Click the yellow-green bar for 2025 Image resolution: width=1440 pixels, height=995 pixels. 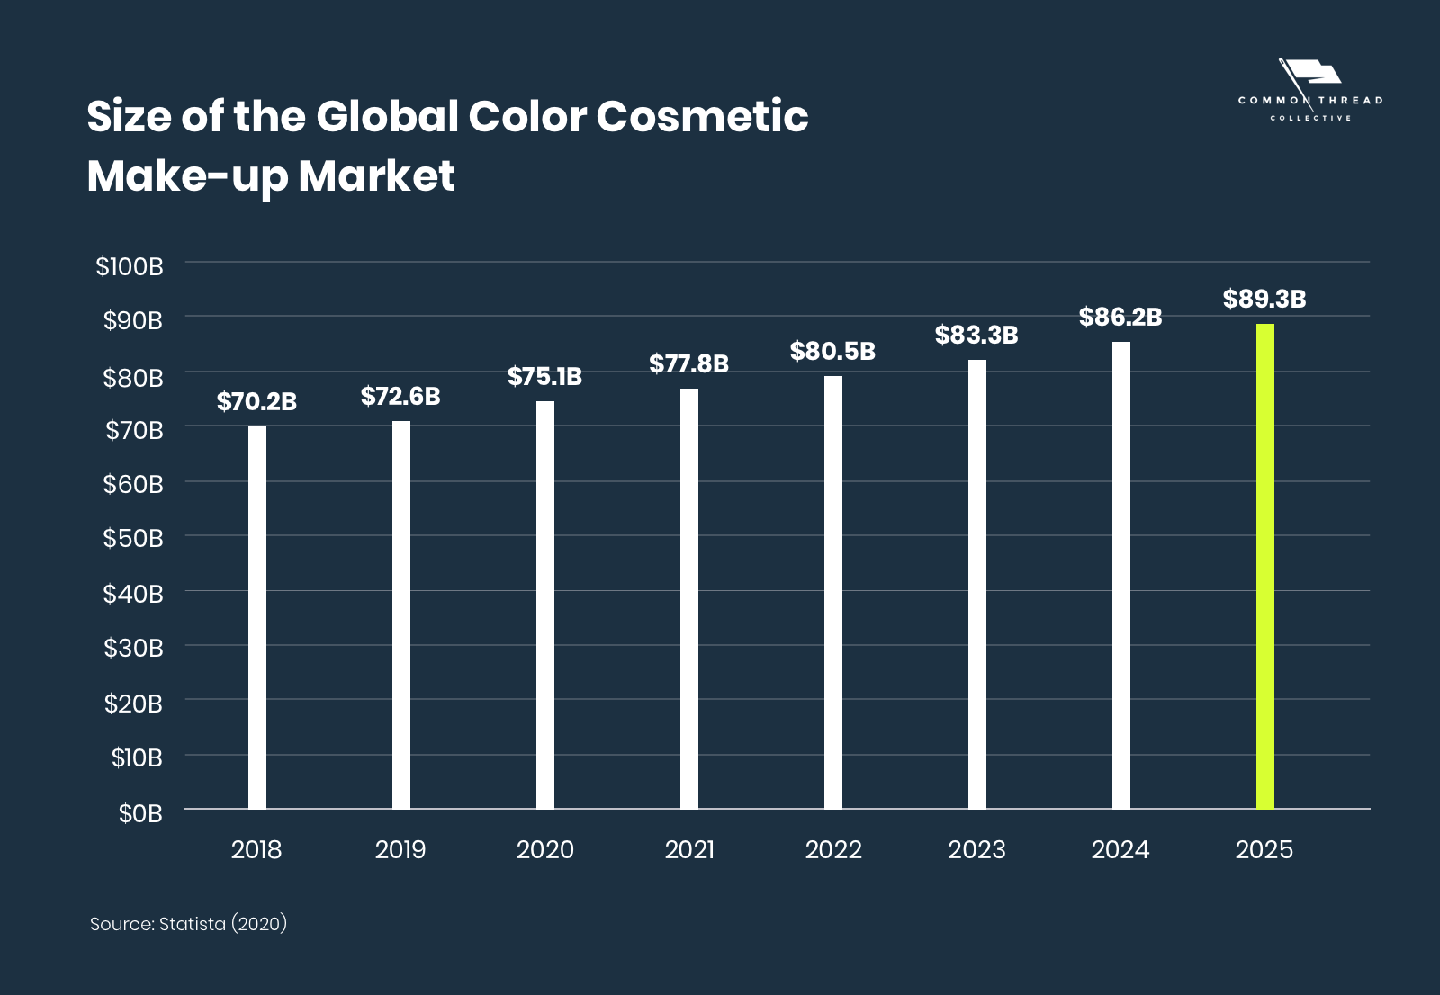click(x=1264, y=567)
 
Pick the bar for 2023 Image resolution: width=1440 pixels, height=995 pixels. click(x=976, y=585)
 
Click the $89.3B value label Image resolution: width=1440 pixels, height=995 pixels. click(x=1264, y=300)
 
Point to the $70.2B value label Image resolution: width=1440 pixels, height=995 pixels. click(x=256, y=402)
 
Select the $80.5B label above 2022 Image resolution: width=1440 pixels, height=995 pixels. click(x=832, y=352)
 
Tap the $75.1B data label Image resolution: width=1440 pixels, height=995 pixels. click(x=544, y=377)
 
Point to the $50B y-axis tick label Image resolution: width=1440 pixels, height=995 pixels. click(x=133, y=539)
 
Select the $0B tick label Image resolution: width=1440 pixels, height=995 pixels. click(x=140, y=813)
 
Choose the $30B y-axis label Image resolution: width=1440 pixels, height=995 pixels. click(x=133, y=649)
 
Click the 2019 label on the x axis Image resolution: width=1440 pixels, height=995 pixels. click(x=400, y=850)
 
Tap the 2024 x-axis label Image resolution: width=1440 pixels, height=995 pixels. click(x=1120, y=850)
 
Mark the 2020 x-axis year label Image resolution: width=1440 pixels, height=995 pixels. click(x=544, y=850)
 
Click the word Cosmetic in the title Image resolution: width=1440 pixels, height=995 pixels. click(x=702, y=117)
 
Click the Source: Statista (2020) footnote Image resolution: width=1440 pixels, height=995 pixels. click(x=188, y=924)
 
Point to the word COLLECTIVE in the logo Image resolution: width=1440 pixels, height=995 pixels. click(x=1310, y=118)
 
